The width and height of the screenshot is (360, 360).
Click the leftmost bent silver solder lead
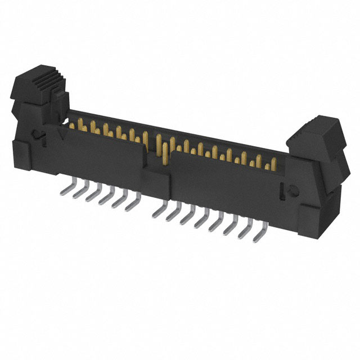[64, 191]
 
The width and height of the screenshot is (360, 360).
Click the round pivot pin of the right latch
[294, 191]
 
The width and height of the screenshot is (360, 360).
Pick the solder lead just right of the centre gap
[160, 212]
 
